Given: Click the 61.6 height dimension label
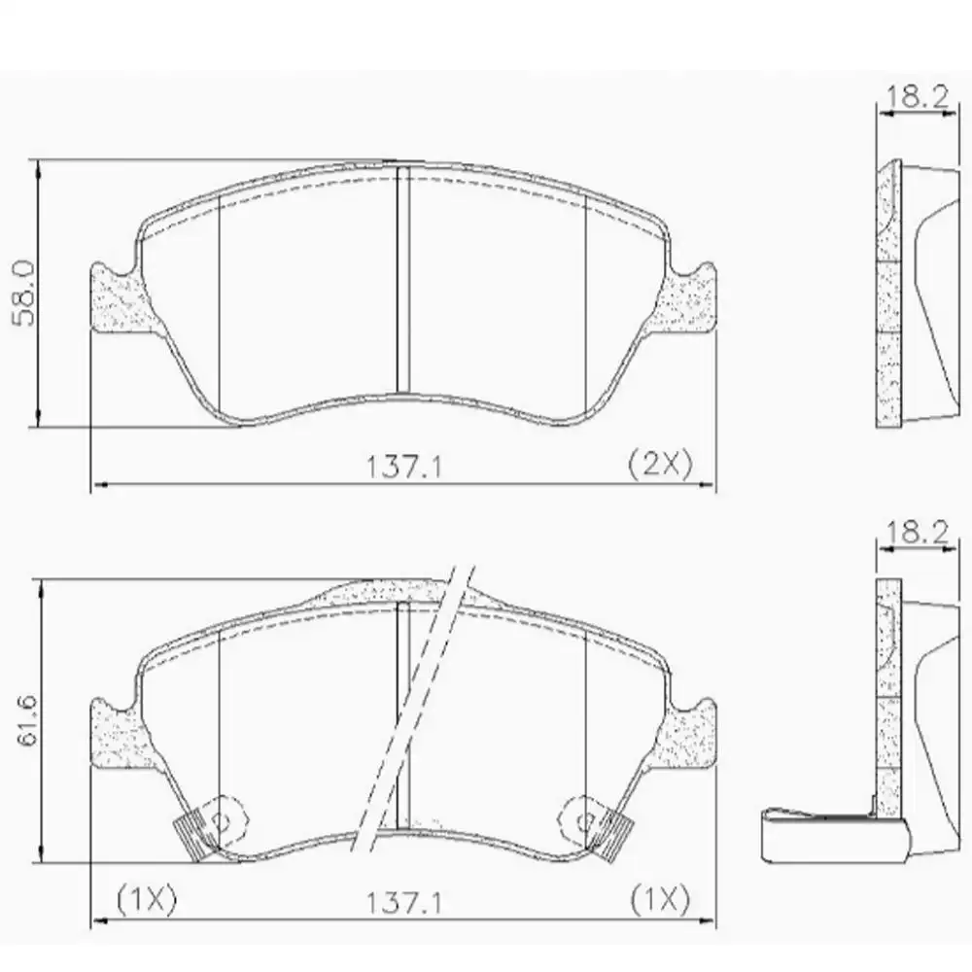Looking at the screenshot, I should (x=24, y=720).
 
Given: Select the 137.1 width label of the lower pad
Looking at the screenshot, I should (x=404, y=903).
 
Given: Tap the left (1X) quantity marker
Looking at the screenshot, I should (x=146, y=897).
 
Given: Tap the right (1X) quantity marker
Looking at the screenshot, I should (x=660, y=897).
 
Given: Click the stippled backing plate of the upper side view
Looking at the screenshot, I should (x=887, y=301).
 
